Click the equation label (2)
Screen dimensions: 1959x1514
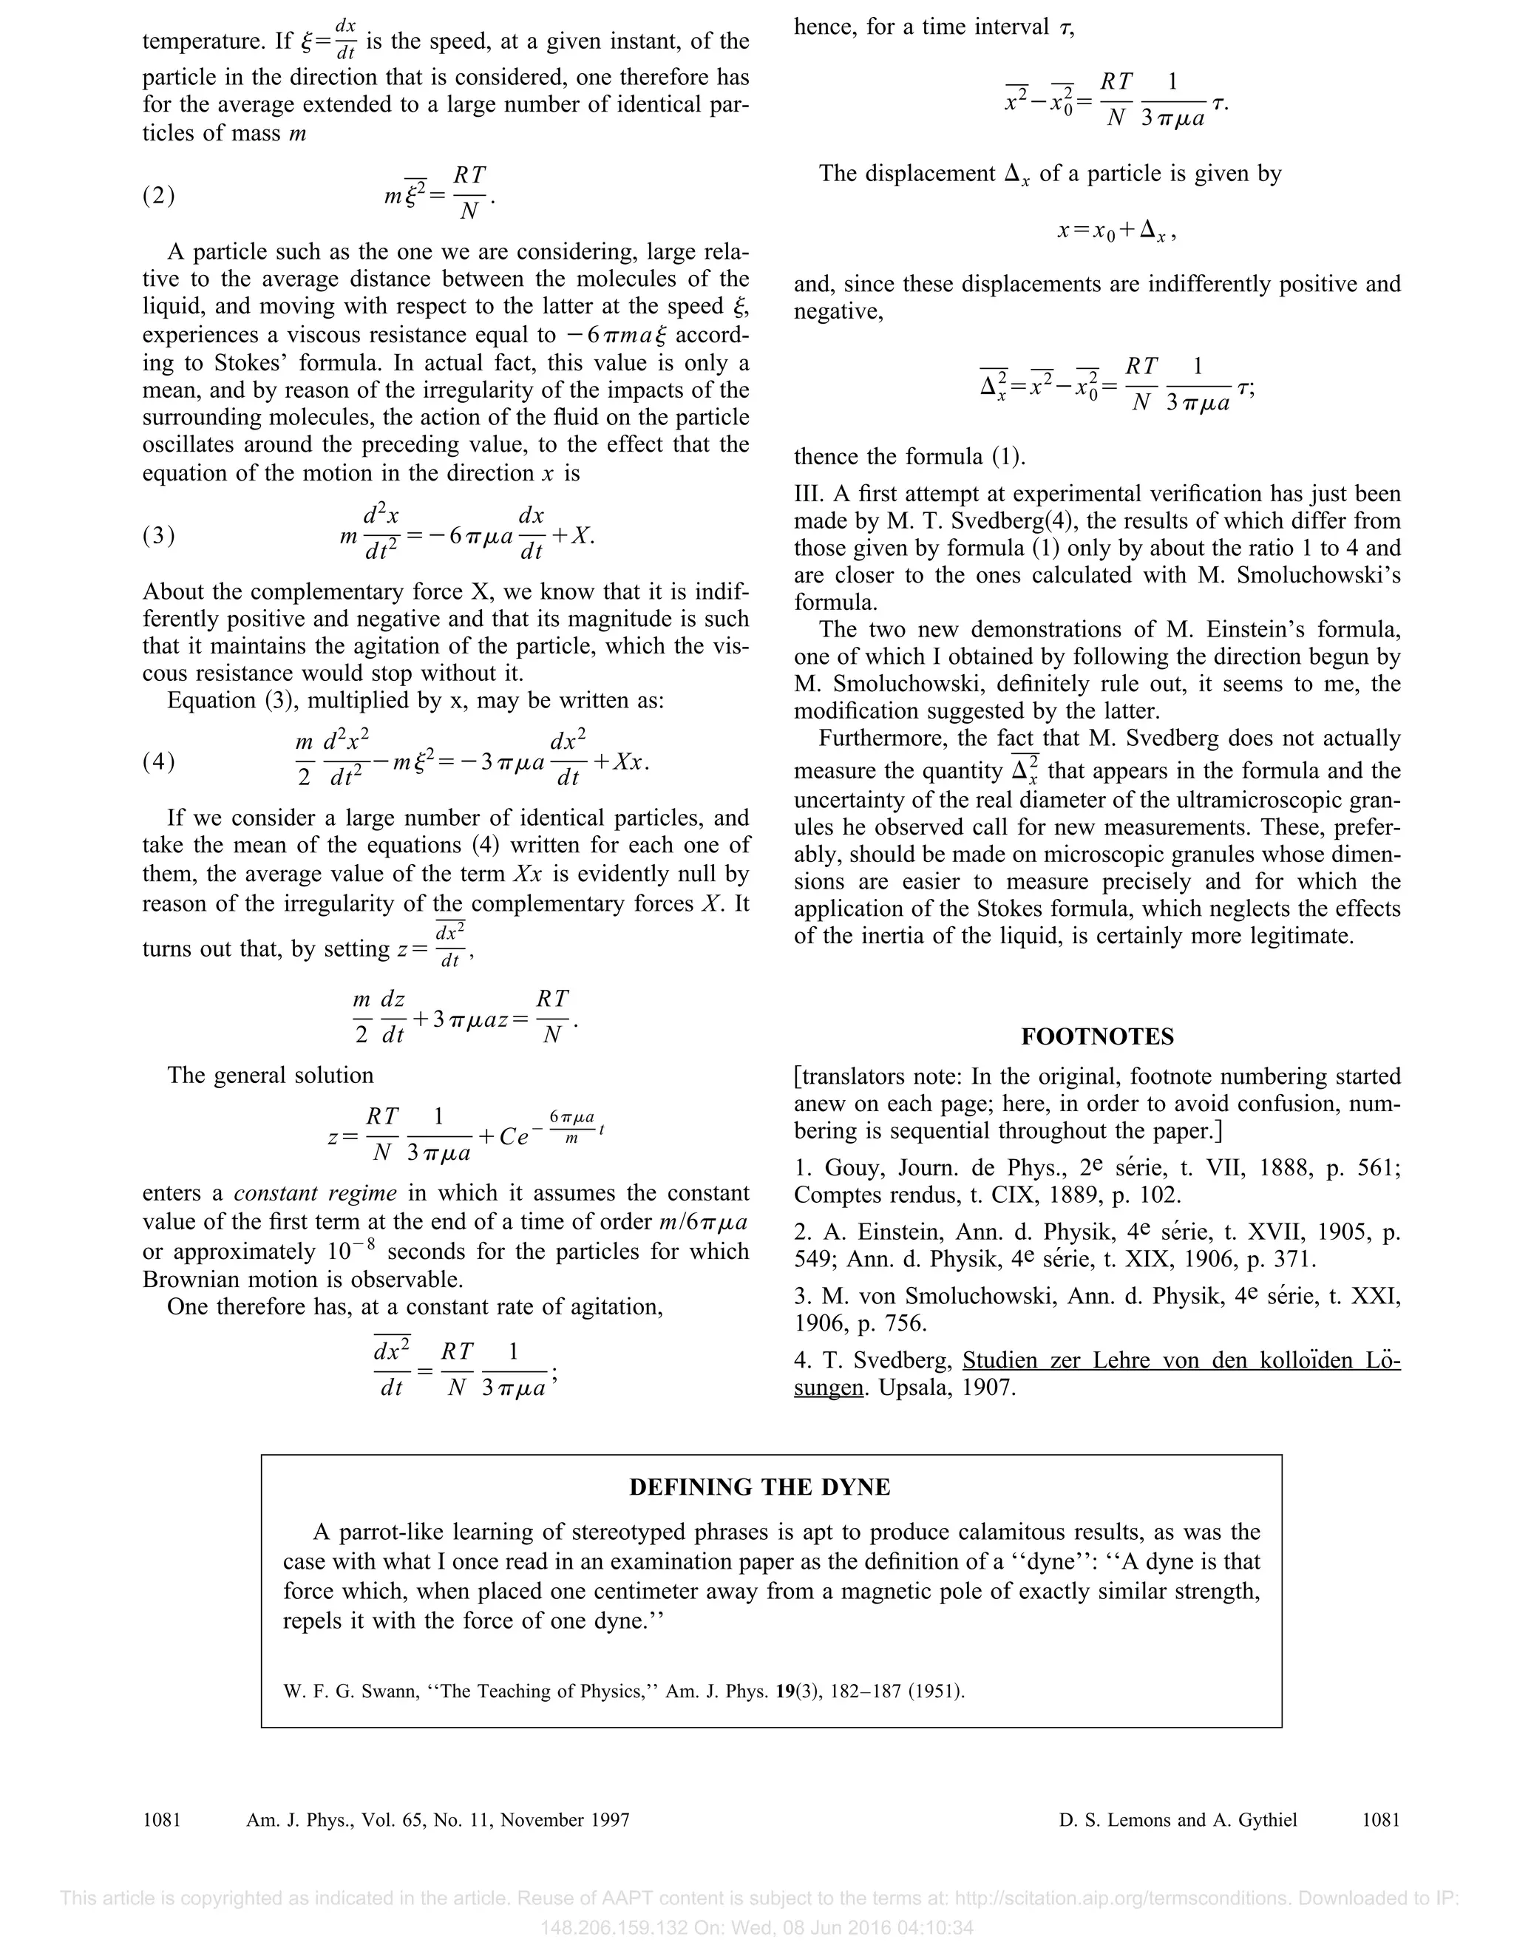(159, 196)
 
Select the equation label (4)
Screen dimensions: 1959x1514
(159, 761)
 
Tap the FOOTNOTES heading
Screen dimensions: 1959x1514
(1097, 1037)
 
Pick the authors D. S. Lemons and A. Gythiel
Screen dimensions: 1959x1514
(1177, 1820)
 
